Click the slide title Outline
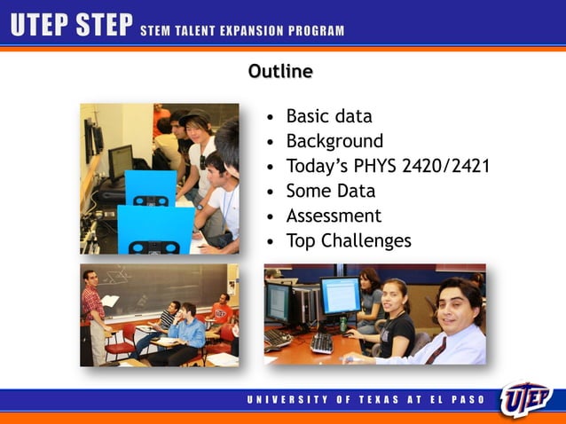coord(280,71)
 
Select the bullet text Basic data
coord(328,116)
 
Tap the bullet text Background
coord(334,141)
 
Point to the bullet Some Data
coord(330,191)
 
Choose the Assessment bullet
coord(334,216)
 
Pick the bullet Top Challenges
coord(349,240)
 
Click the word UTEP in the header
coord(39,27)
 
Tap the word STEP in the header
coord(103,27)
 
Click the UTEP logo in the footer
coord(526,398)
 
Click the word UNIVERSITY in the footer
coord(282,400)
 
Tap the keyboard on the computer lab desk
coord(322,342)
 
